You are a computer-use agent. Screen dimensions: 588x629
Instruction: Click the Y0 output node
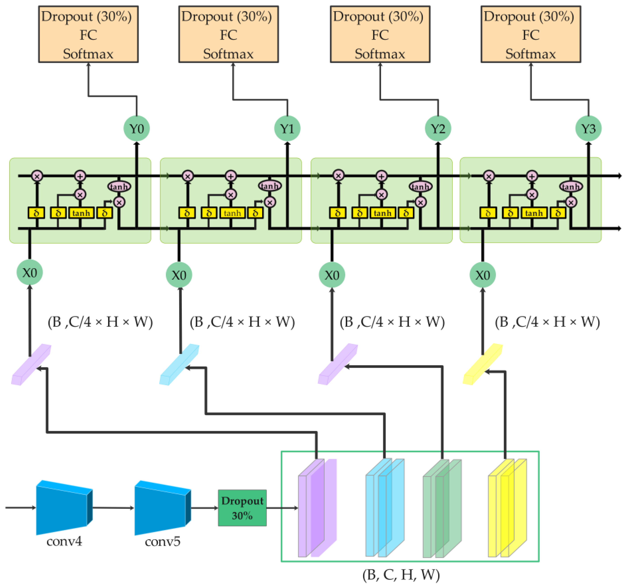(136, 129)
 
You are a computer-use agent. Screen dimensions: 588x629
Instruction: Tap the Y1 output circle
(287, 129)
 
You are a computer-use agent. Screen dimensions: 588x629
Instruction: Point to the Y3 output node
(588, 129)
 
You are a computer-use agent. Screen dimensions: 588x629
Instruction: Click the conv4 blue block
(63, 508)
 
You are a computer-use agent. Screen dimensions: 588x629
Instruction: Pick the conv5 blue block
(162, 508)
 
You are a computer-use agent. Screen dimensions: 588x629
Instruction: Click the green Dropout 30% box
(242, 508)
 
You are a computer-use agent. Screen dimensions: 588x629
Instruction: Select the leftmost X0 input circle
(29, 273)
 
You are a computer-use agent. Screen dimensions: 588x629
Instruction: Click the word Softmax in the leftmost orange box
(88, 54)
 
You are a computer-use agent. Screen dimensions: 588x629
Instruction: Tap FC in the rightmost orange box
(531, 35)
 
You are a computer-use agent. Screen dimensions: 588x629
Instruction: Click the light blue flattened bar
(179, 365)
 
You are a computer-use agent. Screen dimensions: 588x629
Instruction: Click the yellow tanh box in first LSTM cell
(81, 213)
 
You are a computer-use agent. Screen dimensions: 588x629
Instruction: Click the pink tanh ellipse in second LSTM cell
(270, 186)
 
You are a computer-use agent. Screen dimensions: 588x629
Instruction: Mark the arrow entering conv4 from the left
(21, 508)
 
